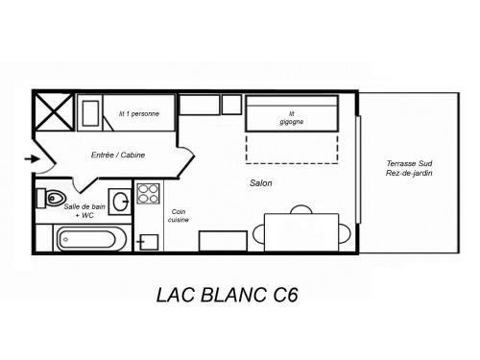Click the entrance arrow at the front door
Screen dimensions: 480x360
click(33, 158)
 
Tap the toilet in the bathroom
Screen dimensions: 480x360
click(51, 199)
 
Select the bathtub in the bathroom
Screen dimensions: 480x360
click(90, 239)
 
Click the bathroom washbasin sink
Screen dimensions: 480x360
click(120, 202)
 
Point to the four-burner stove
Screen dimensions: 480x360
click(148, 194)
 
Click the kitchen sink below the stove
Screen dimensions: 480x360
click(148, 242)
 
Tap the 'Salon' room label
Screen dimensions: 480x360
click(261, 183)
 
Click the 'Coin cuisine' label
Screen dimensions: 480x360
click(179, 216)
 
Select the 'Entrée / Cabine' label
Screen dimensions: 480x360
click(118, 155)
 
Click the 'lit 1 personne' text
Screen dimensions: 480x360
click(139, 113)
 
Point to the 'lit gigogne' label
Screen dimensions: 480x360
click(292, 118)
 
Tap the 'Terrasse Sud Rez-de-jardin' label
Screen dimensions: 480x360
click(409, 168)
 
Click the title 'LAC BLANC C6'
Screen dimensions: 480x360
click(228, 295)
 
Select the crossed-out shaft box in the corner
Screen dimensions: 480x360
click(54, 112)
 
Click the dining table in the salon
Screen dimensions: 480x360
click(301, 232)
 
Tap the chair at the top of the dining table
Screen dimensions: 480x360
click(301, 208)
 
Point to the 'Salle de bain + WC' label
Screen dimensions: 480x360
click(84, 211)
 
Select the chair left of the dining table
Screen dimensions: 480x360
click(258, 234)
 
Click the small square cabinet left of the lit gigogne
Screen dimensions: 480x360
click(231, 105)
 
